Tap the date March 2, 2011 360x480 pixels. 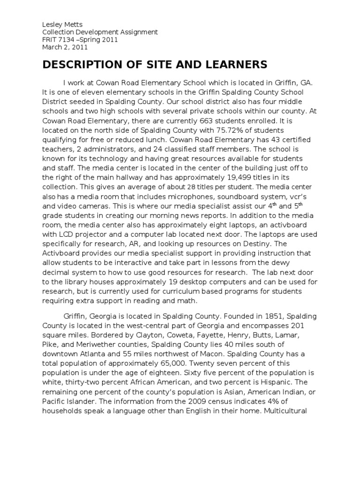click(65, 47)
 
